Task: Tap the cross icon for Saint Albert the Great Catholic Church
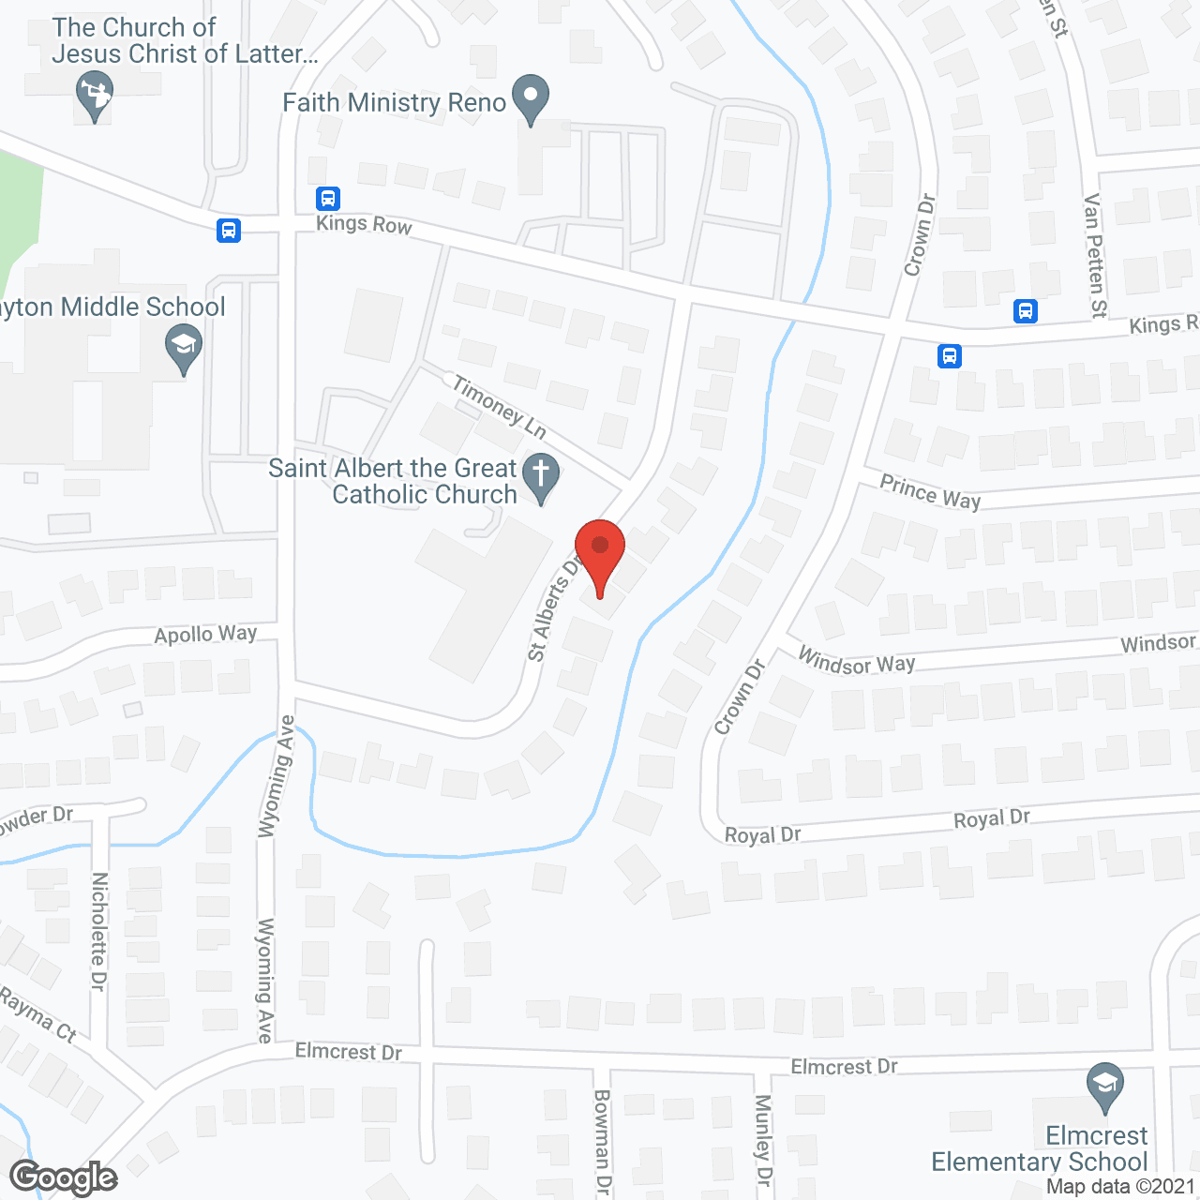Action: pos(540,473)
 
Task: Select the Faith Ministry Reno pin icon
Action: pos(532,97)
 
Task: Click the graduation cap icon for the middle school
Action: pos(184,346)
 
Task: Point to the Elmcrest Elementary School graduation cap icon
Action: pos(1105,1084)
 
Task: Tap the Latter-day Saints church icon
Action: pos(94,95)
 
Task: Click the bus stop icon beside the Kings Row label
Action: pos(327,199)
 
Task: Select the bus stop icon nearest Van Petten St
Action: pos(1026,311)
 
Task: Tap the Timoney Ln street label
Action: pos(499,406)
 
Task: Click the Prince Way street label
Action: pos(930,492)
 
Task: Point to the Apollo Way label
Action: pos(205,635)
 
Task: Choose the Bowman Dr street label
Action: pos(602,1142)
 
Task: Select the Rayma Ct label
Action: pos(37,1014)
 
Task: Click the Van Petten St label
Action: pos(1094,255)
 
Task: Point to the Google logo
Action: pos(64,1178)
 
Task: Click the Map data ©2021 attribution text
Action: pos(1121,1187)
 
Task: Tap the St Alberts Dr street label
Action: pos(554,609)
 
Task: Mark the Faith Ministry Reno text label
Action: pos(394,102)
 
